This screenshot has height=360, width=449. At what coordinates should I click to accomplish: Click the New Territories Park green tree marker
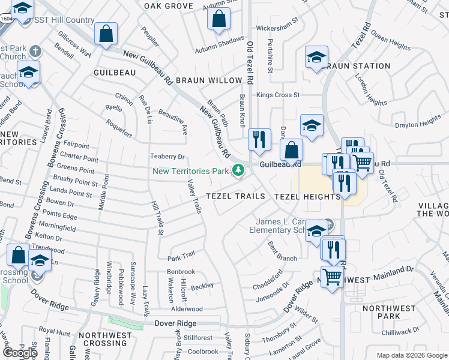(x=238, y=171)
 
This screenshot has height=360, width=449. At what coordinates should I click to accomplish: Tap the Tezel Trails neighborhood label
(x=236, y=196)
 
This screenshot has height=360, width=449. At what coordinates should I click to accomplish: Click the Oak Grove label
(x=169, y=6)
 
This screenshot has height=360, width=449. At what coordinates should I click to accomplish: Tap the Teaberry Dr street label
(x=167, y=157)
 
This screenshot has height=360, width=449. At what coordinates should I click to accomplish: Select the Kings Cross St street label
(x=278, y=95)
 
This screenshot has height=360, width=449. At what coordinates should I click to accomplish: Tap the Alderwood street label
(x=187, y=309)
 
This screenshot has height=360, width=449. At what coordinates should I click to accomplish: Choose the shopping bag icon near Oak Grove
(x=219, y=18)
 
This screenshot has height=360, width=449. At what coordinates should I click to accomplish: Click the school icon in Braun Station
(x=316, y=58)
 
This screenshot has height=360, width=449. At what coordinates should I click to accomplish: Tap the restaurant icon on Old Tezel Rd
(x=259, y=140)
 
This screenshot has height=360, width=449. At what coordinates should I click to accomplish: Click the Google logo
(x=20, y=353)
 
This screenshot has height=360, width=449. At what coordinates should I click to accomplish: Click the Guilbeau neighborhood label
(x=115, y=72)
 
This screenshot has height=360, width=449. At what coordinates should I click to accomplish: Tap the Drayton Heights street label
(x=418, y=125)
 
